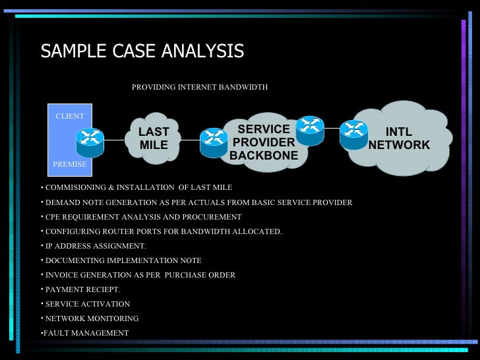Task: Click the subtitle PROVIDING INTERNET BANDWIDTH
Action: [x=200, y=87]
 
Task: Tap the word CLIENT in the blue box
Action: [x=69, y=117]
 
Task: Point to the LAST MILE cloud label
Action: [x=154, y=138]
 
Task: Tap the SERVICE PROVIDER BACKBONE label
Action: [x=264, y=142]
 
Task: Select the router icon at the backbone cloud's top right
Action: [x=310, y=127]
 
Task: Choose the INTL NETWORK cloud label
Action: [x=398, y=139]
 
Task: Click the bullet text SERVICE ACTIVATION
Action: [x=88, y=304]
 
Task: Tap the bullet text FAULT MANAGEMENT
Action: [x=86, y=333]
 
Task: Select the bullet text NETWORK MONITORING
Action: [x=92, y=318]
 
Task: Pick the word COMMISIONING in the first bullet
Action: [x=73, y=187]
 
